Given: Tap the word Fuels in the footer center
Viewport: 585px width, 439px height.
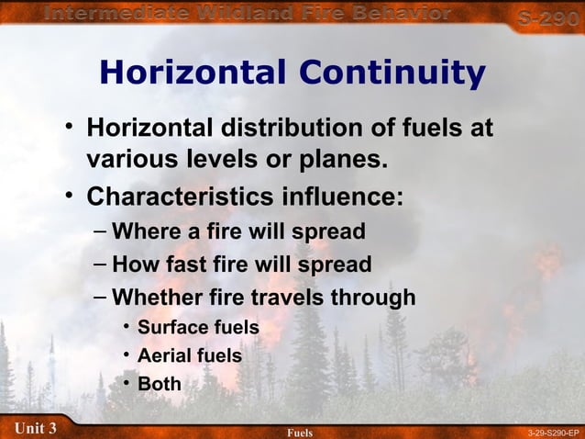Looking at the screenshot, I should tap(300, 432).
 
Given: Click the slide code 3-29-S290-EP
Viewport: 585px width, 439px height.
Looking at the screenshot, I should tap(554, 432).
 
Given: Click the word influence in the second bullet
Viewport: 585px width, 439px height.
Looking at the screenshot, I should tap(348, 197).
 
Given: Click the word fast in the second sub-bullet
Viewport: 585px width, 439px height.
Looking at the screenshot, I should tap(189, 265).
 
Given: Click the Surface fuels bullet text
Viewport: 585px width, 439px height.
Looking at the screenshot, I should tap(198, 327).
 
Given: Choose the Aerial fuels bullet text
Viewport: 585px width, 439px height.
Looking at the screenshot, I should tap(189, 355).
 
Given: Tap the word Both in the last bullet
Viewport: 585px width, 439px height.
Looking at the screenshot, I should tap(160, 384).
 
